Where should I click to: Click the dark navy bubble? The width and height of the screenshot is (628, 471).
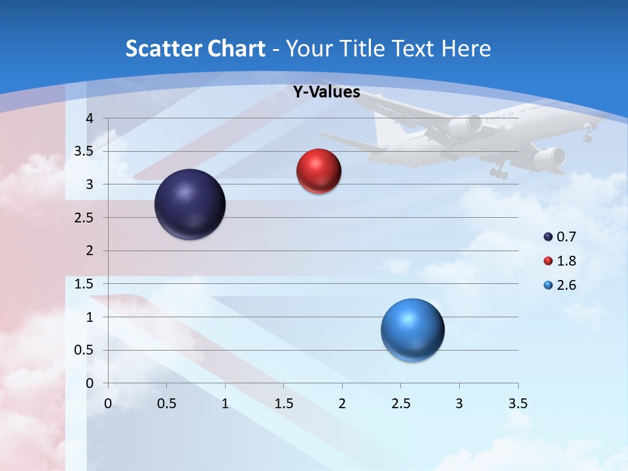(x=190, y=204)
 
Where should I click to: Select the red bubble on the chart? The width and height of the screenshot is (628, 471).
(x=319, y=171)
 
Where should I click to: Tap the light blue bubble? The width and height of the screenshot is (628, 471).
(x=412, y=330)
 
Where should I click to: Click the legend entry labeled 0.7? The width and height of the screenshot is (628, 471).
(x=561, y=237)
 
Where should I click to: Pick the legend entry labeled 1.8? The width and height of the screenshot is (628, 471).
(x=561, y=261)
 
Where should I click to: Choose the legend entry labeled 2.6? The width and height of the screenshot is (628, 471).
(x=561, y=285)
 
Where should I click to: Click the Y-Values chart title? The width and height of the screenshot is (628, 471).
(x=326, y=92)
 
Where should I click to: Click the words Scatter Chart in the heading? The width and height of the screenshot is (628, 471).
(x=196, y=48)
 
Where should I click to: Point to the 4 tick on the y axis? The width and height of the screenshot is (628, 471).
(x=90, y=118)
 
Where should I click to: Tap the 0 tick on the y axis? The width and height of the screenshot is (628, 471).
(x=90, y=383)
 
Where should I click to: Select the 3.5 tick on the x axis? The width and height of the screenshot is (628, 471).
(x=517, y=404)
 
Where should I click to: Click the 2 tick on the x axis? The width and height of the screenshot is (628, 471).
(x=342, y=404)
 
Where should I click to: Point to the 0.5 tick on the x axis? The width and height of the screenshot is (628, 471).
(x=167, y=404)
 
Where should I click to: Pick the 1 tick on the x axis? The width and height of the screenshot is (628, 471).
(x=225, y=404)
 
